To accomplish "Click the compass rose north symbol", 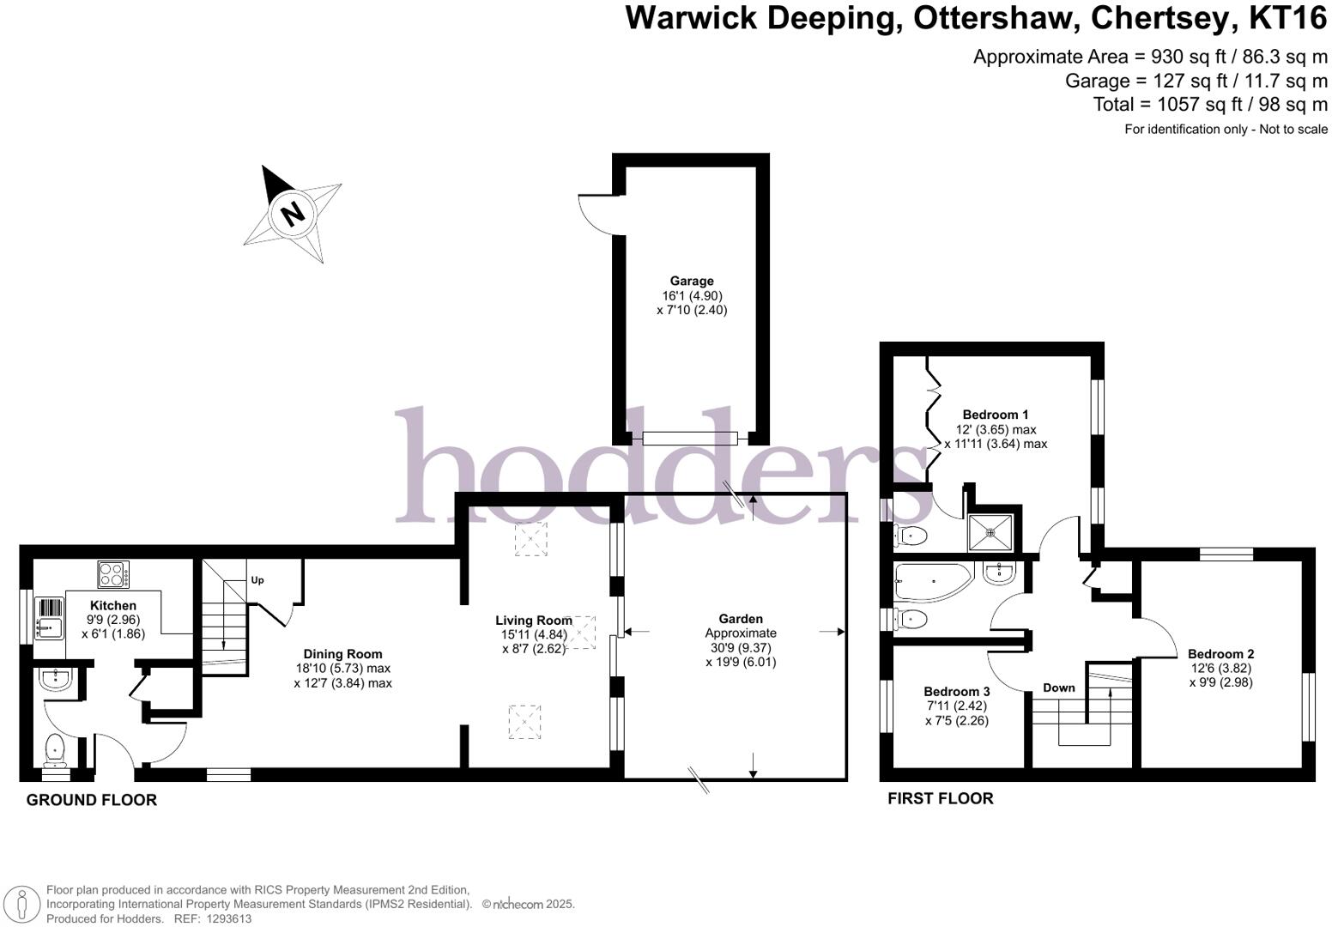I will (x=293, y=212).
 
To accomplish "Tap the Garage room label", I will (x=692, y=281).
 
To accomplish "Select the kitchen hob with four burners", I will (x=113, y=573).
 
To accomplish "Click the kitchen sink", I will (x=49, y=618).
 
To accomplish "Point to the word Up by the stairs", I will (x=257, y=580).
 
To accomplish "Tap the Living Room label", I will (x=533, y=621).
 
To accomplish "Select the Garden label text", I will (x=741, y=619).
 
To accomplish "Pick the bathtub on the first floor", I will (x=931, y=580).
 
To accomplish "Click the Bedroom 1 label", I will (x=996, y=415).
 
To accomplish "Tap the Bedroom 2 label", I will (x=1221, y=654).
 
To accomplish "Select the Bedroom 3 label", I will (x=957, y=692).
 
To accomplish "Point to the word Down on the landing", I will (x=1059, y=688).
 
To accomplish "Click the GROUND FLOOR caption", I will (x=92, y=800).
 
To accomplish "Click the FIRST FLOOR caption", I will (x=941, y=798).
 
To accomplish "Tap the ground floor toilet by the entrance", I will (x=55, y=749).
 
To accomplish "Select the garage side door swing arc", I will (x=594, y=215).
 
